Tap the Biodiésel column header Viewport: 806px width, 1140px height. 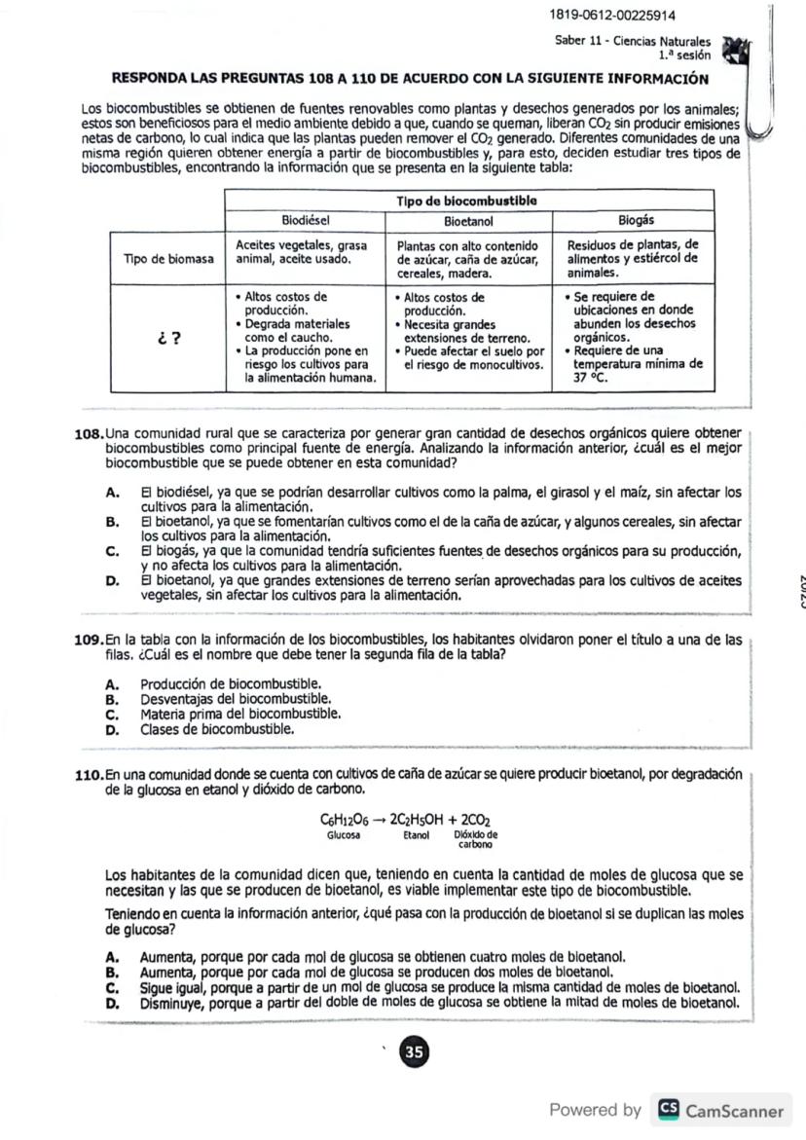coord(306,220)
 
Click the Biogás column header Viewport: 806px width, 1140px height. coord(637,220)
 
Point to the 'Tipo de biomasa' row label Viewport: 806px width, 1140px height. coord(167,259)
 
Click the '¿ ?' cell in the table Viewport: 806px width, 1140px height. coord(167,338)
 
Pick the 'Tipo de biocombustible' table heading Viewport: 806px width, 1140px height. coord(468,201)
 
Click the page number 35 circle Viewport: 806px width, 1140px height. coord(414,1051)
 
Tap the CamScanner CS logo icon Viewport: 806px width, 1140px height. coord(667,1110)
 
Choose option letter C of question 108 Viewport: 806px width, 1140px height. coord(111,552)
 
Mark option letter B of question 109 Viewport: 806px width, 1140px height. coord(111,698)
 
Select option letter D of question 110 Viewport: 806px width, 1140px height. coord(111,1003)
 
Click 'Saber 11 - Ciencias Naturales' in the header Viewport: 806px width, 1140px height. coord(632,42)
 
